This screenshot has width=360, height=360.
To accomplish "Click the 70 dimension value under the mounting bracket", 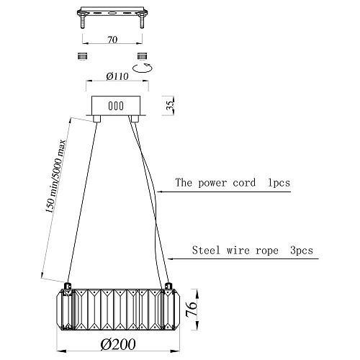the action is click(x=112, y=40).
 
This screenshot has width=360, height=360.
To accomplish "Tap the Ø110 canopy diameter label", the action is click(x=117, y=76).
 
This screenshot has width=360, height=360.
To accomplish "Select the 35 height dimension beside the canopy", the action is click(x=170, y=105).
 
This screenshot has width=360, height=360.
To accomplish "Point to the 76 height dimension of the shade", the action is click(x=192, y=309).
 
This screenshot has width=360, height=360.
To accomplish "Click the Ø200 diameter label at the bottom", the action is click(x=118, y=345).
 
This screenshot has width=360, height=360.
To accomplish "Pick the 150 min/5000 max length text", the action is click(x=55, y=176).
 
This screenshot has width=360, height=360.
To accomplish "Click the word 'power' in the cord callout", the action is click(x=212, y=183).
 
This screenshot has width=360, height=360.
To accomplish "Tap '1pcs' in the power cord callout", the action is click(x=279, y=183).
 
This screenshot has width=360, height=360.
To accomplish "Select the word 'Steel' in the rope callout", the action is click(x=206, y=250).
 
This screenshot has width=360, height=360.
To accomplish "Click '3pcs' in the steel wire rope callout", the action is click(x=302, y=251).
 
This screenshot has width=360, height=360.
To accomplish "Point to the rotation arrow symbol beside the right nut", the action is click(x=143, y=68).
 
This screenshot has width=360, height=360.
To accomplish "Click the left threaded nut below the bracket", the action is click(x=83, y=56).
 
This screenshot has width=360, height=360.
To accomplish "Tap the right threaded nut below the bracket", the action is click(x=142, y=56).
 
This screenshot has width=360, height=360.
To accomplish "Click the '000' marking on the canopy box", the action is click(x=116, y=106).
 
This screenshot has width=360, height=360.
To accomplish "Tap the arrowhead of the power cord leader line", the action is click(x=160, y=192).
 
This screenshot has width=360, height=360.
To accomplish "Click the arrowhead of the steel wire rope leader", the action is click(x=170, y=258).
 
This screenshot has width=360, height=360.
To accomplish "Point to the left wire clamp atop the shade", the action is click(x=68, y=287).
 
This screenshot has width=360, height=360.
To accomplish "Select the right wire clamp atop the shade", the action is click(x=168, y=287).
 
